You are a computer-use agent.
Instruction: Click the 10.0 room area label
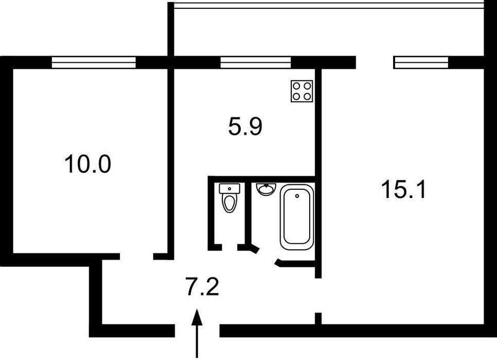87,164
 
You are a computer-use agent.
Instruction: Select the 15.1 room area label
404,189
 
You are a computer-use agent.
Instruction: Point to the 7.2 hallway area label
202,287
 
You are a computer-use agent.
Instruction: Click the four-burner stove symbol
302,91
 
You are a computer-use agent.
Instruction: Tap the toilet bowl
229,203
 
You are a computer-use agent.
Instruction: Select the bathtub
297,217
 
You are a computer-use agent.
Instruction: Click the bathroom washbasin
266,189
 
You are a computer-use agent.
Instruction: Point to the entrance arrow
197,333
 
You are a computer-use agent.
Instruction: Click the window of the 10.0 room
94,62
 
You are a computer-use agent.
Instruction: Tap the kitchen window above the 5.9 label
256,62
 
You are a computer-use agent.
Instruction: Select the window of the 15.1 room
421,62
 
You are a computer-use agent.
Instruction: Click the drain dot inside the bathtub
297,196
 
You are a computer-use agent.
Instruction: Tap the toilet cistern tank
229,188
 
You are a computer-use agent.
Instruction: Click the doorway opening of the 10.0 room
137,257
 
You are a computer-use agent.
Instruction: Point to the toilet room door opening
229,247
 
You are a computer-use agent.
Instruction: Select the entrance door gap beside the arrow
197,331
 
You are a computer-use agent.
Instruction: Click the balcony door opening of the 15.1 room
375,62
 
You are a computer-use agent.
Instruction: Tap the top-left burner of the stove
297,86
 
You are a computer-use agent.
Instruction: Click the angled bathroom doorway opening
267,257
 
